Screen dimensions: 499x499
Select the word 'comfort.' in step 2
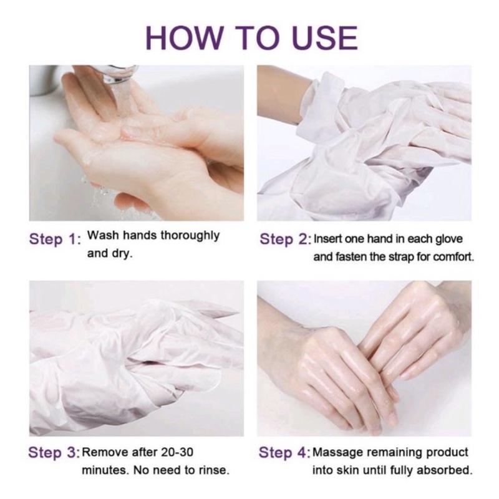coord(452,256)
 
